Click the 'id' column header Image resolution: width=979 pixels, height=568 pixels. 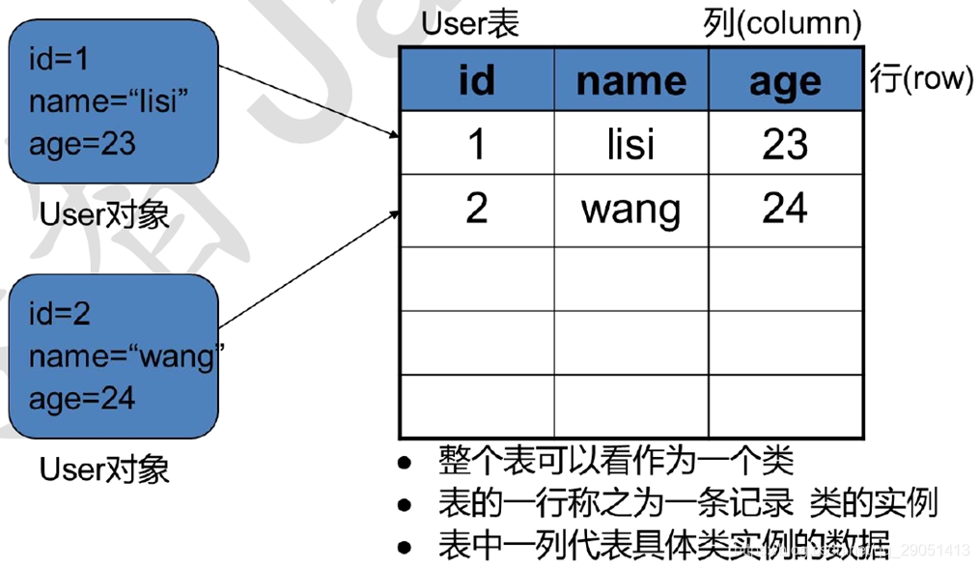(x=476, y=81)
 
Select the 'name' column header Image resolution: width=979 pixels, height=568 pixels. (x=630, y=81)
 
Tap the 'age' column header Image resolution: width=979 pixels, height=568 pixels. (x=785, y=81)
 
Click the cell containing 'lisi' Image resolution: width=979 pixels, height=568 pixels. (x=630, y=144)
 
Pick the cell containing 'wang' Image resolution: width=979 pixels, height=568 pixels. (x=630, y=209)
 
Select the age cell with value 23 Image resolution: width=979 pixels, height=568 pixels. (x=785, y=144)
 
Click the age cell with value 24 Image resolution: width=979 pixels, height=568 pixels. (x=785, y=209)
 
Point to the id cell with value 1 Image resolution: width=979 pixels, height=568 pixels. (x=476, y=144)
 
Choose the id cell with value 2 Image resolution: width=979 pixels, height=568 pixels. (x=476, y=209)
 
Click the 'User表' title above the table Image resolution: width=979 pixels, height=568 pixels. (x=470, y=24)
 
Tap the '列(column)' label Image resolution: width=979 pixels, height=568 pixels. (x=782, y=24)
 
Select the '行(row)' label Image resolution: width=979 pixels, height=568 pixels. (x=921, y=78)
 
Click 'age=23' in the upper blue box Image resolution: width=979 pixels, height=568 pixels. (x=82, y=144)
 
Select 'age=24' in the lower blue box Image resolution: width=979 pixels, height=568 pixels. (x=82, y=398)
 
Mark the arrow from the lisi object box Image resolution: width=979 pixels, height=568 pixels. (x=309, y=101)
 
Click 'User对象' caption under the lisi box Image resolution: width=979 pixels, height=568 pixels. (x=104, y=213)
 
